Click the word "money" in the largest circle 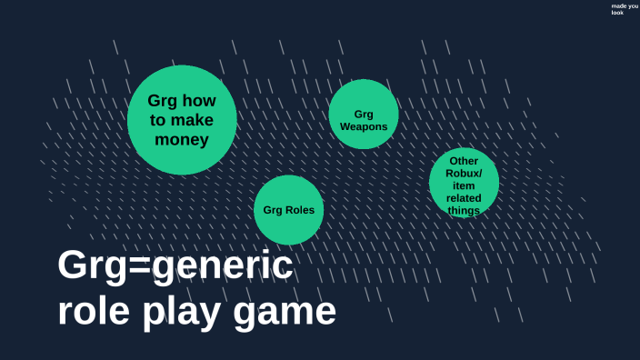pyautogui.click(x=182, y=140)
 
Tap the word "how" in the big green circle pyautogui.click(x=199, y=101)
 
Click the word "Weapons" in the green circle pyautogui.click(x=364, y=127)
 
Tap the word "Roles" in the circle pyautogui.click(x=300, y=210)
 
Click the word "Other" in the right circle pyautogui.click(x=464, y=162)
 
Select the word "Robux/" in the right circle pyautogui.click(x=464, y=174)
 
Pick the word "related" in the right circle pyautogui.click(x=464, y=198)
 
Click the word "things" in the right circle pyautogui.click(x=464, y=210)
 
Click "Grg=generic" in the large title pyautogui.click(x=175, y=266)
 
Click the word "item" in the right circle pyautogui.click(x=464, y=185)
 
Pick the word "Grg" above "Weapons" pyautogui.click(x=364, y=115)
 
